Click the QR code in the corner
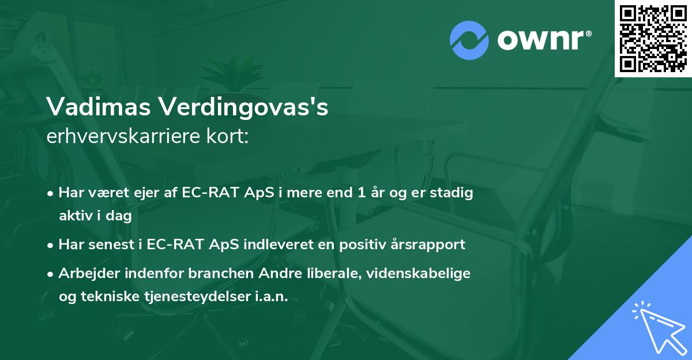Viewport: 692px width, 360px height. coord(653,39)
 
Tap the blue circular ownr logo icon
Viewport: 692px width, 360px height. coord(469,40)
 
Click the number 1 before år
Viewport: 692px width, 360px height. coord(361,193)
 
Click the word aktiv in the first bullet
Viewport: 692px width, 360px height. coord(75,216)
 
